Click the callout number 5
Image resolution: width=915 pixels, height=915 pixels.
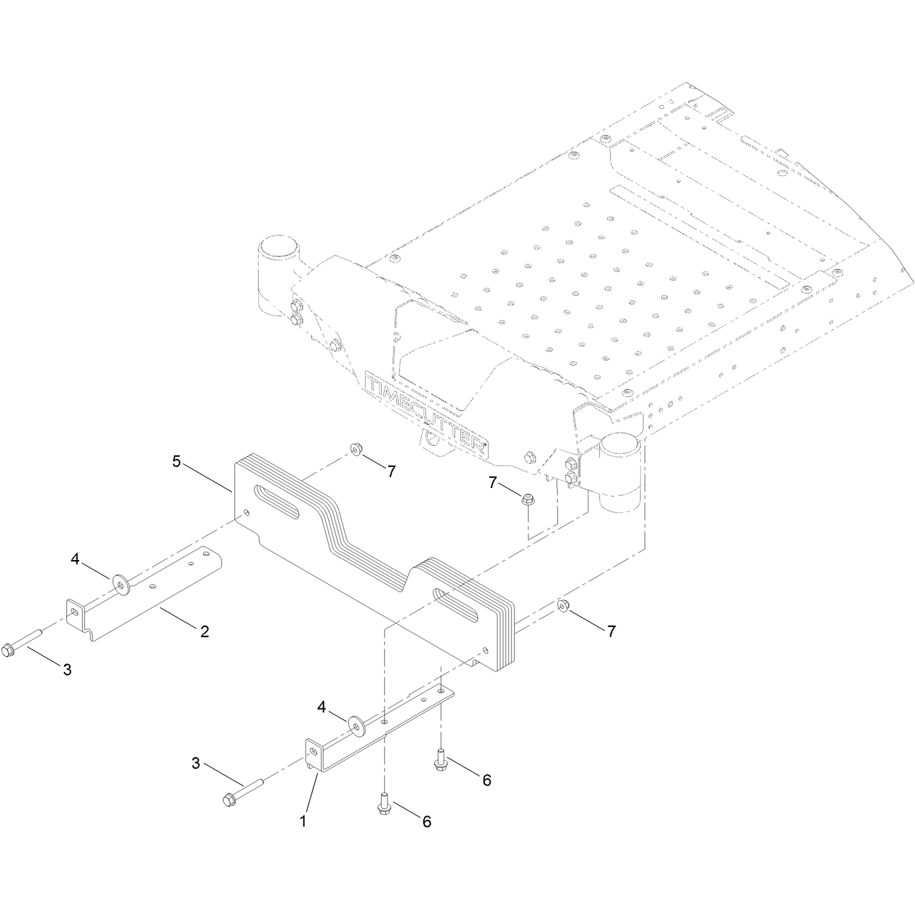pos(177,461)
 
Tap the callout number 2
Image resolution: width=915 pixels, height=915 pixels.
pos(204,631)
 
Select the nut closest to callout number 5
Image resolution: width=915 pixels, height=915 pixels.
pos(355,449)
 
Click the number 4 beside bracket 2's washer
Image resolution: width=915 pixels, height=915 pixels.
pos(75,559)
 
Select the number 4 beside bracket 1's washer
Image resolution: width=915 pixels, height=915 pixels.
pos(321,707)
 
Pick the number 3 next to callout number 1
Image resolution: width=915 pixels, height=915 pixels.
pos(196,764)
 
